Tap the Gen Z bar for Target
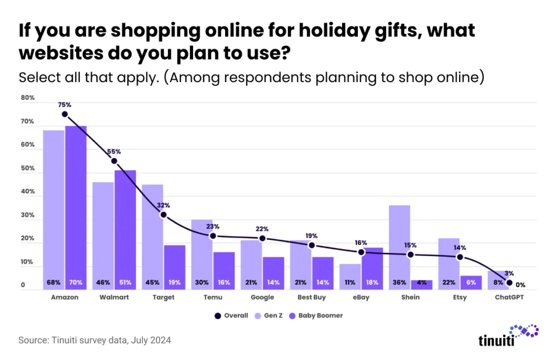(153, 228)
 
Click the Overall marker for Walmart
(114, 161)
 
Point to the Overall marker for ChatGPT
(509, 283)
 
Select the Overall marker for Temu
(213, 236)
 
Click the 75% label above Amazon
(65, 105)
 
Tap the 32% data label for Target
(163, 206)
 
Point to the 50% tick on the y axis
(28, 169)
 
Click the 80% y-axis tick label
(28, 98)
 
